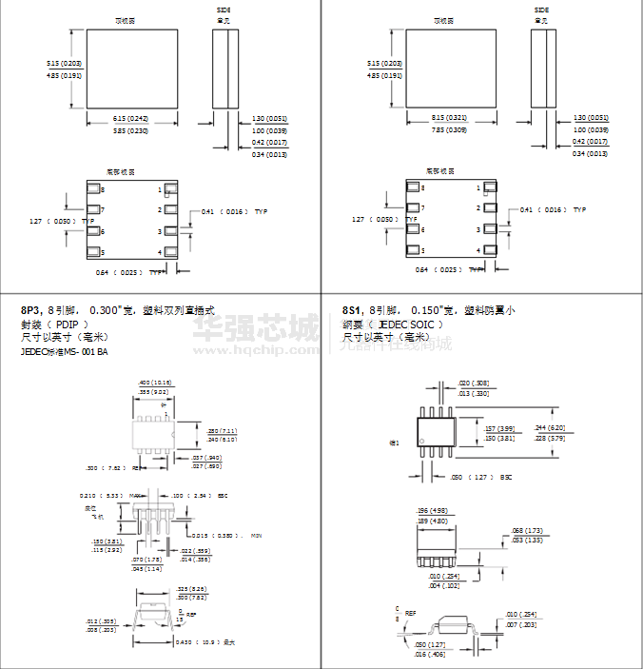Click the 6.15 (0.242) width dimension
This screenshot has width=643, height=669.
click(x=131, y=118)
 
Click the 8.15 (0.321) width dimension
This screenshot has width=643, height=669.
click(x=451, y=118)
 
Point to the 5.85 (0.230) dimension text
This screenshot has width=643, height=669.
click(x=131, y=130)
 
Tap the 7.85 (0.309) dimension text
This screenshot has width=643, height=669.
click(x=451, y=130)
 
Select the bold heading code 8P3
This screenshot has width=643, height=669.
click(x=30, y=310)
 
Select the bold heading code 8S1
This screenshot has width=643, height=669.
click(x=351, y=310)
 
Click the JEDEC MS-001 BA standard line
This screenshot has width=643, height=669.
click(x=65, y=352)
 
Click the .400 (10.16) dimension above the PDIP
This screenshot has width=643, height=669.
click(x=155, y=382)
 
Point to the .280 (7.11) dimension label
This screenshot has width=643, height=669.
click(x=222, y=431)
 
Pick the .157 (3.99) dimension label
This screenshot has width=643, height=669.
click(x=498, y=429)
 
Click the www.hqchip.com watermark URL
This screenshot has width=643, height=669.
click(x=257, y=350)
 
